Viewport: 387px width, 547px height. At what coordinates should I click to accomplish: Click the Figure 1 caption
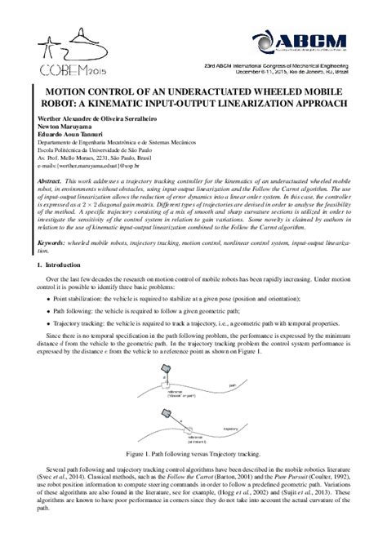(193, 451)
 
